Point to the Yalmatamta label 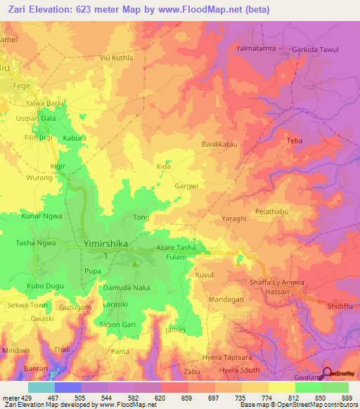click(x=256, y=48)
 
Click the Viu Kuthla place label click(x=116, y=57)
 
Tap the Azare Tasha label click(x=176, y=249)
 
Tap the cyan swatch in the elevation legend click(x=41, y=387)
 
